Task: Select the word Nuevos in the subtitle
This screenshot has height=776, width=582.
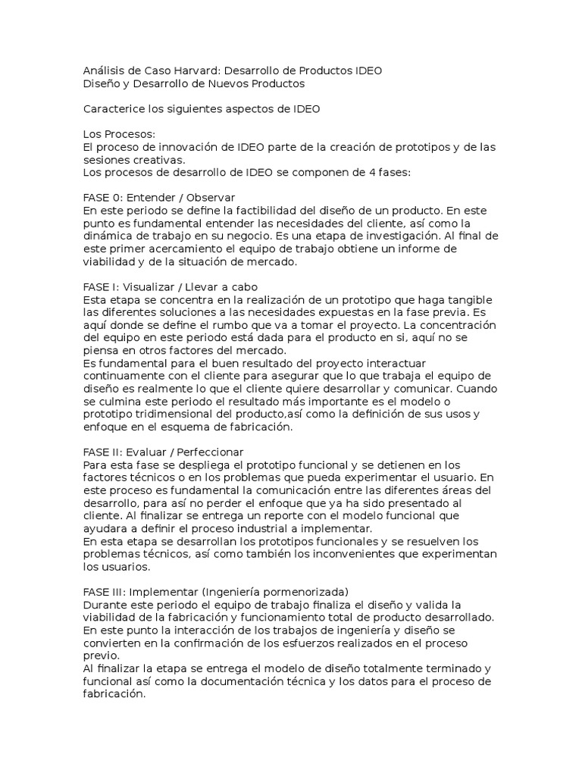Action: pyautogui.click(x=233, y=83)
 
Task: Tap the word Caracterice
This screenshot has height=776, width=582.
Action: pyautogui.click(x=113, y=109)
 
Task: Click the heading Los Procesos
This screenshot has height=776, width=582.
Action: pyautogui.click(x=118, y=134)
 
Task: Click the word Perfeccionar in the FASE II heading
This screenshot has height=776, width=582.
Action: pyautogui.click(x=201, y=452)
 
